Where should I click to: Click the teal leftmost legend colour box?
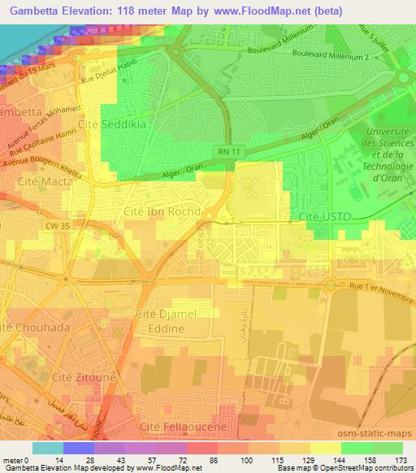pyautogui.click(x=47, y=448)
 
